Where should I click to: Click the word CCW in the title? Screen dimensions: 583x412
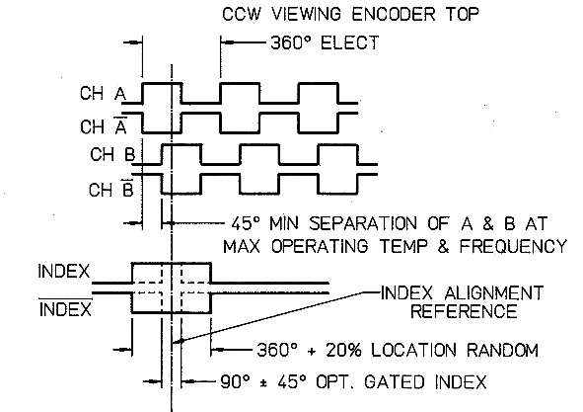point(242,14)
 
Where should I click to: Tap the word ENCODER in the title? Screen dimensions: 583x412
point(393,14)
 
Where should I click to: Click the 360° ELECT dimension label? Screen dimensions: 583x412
point(325,42)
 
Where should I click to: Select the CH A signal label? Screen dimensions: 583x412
point(103,93)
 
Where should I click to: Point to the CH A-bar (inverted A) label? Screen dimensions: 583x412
point(104,125)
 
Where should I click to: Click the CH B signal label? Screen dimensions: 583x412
point(112,154)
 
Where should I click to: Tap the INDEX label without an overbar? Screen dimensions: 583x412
point(64,271)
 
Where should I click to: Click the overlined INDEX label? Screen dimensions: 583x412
point(65,308)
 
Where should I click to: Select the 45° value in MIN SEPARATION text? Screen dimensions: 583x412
point(245,223)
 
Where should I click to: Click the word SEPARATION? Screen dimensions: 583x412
point(363,223)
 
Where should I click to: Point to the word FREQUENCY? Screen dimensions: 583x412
point(513,246)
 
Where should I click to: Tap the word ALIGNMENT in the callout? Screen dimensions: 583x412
point(494,293)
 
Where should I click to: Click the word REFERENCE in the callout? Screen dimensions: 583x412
point(464,311)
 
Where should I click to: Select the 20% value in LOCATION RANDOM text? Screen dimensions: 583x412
point(343,350)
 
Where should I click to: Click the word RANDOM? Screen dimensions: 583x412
point(502,350)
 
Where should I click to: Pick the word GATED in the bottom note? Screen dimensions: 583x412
point(395,382)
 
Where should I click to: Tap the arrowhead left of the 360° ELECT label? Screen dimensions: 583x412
point(228,42)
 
